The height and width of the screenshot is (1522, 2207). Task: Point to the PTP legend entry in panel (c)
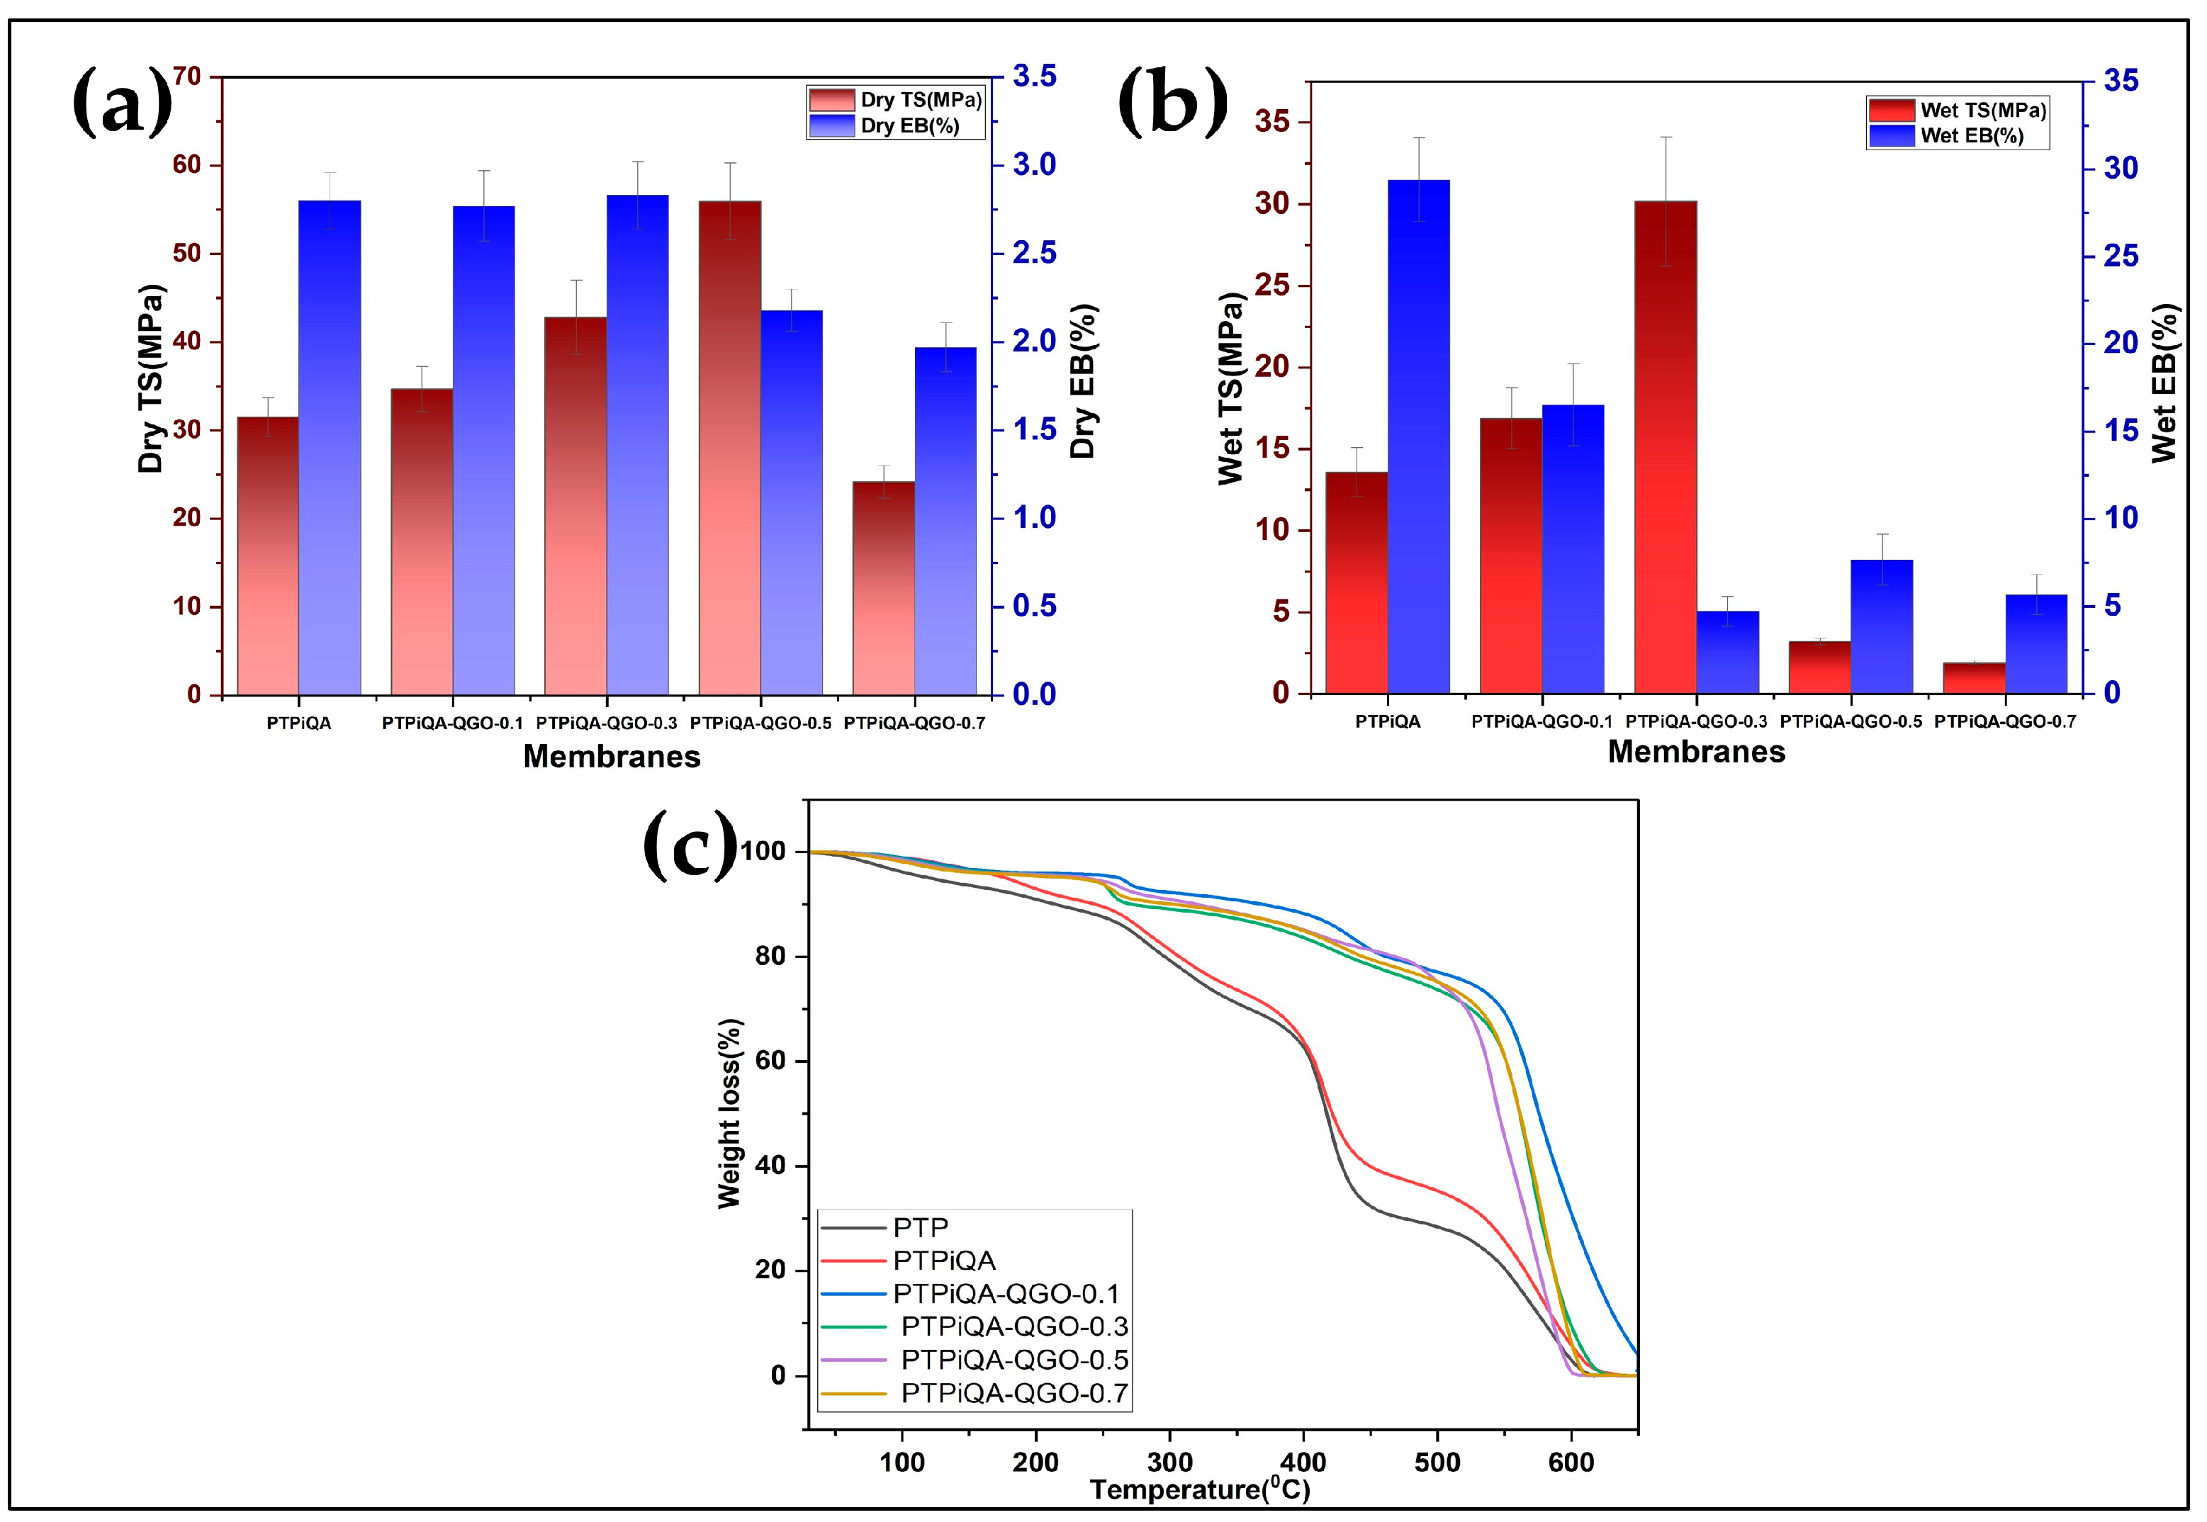921,1227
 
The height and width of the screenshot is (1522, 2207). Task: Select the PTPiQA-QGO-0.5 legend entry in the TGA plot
1014,1360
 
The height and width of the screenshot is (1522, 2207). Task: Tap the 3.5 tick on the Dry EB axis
1034,77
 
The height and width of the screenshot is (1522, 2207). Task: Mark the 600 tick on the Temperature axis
1571,1461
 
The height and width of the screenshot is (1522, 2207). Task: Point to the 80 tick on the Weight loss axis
770,957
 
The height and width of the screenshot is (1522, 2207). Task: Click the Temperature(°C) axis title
1199,1489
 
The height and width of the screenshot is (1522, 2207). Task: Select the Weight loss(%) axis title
729,1113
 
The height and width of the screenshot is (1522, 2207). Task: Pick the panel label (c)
690,844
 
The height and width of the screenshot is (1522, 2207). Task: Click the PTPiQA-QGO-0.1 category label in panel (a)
452,723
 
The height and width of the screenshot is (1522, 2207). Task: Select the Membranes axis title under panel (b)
1696,752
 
